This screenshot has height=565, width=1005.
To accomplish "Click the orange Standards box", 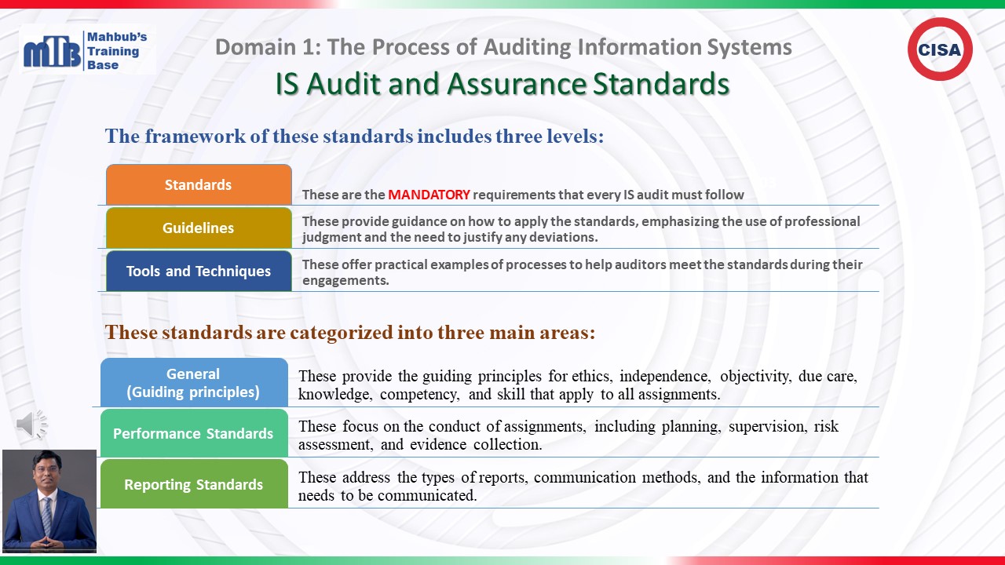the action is pyautogui.click(x=199, y=184).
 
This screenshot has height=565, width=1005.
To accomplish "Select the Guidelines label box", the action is pyautogui.click(x=199, y=228).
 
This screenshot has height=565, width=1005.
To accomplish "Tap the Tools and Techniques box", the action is pyautogui.click(x=199, y=271).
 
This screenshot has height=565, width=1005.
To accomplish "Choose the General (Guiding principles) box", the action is pyautogui.click(x=194, y=382).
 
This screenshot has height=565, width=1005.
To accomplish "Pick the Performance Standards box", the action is pyautogui.click(x=194, y=433).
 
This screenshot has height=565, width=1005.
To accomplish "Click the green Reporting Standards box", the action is pyautogui.click(x=194, y=484).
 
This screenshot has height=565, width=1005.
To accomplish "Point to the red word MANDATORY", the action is pyautogui.click(x=429, y=195).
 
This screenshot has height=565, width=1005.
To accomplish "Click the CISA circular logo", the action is pyautogui.click(x=940, y=49).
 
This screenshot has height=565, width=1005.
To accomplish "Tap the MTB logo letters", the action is pyautogui.click(x=52, y=52).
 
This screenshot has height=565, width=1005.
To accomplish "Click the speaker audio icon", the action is pyautogui.click(x=31, y=424).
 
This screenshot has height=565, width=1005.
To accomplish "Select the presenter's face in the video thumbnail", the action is pyautogui.click(x=46, y=471).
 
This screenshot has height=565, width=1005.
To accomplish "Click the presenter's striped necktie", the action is pyautogui.click(x=46, y=515).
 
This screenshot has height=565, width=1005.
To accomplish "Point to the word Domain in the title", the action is pyautogui.click(x=255, y=47).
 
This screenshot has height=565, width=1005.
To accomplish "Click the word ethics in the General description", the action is pyautogui.click(x=592, y=376).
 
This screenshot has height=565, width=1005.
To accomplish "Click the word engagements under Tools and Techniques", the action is pyautogui.click(x=345, y=281).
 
